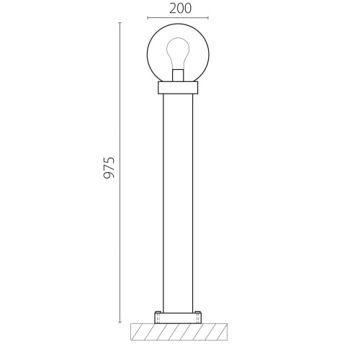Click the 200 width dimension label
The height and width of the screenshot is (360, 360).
(x=181, y=9)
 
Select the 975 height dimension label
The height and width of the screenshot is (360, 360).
(x=109, y=168)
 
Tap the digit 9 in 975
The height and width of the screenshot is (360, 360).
(x=109, y=175)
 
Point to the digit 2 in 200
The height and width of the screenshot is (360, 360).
(x=173, y=9)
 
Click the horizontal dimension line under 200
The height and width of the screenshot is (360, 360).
(x=178, y=17)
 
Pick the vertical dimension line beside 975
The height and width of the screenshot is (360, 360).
(x=120, y=172)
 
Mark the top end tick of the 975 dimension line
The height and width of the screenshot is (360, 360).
(x=120, y=23)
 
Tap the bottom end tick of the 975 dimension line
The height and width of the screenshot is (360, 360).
(x=120, y=322)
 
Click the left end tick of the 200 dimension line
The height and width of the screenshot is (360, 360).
(x=148, y=17)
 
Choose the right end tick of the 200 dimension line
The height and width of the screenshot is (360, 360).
(x=208, y=17)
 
